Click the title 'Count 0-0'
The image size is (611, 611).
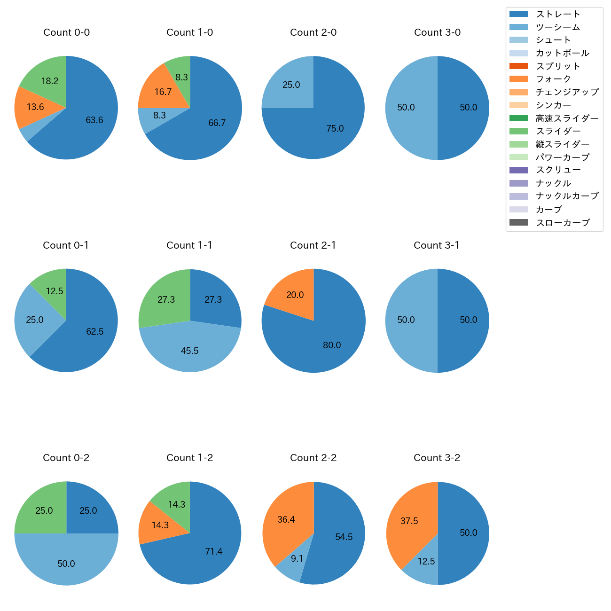click(x=66, y=32)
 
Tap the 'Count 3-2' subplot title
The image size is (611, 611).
click(x=437, y=458)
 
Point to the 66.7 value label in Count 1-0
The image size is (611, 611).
click(x=217, y=123)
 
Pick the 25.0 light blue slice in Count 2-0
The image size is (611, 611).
click(x=291, y=85)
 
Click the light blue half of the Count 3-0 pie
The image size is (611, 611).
click(x=407, y=108)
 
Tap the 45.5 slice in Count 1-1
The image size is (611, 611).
click(x=189, y=350)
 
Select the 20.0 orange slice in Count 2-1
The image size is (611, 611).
click(x=295, y=295)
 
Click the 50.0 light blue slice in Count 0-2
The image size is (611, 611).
click(x=66, y=563)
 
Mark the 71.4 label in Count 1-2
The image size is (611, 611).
click(x=213, y=551)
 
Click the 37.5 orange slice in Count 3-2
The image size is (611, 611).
click(x=409, y=521)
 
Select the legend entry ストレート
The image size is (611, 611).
click(x=558, y=14)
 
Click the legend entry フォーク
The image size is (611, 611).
click(x=553, y=79)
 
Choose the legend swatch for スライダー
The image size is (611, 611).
click(x=518, y=131)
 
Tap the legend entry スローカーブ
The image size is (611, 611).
click(x=563, y=223)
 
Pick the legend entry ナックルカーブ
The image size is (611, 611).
click(x=567, y=196)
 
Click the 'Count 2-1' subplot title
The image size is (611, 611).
click(x=313, y=245)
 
